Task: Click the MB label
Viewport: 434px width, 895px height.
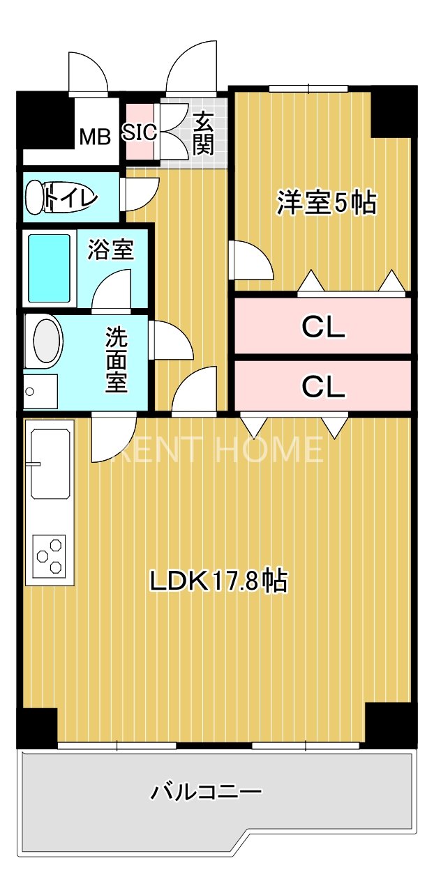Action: (x=94, y=137)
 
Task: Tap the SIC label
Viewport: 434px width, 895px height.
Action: (x=141, y=132)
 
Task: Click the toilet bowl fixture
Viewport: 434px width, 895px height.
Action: (x=37, y=197)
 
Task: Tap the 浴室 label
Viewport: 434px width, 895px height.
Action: (x=111, y=250)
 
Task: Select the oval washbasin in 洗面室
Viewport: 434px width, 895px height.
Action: (x=47, y=341)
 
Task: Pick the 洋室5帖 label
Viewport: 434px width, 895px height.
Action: (x=327, y=203)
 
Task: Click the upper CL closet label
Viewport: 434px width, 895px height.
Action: (x=323, y=327)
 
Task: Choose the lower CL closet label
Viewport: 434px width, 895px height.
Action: (x=323, y=387)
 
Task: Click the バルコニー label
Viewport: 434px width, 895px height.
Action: (x=207, y=792)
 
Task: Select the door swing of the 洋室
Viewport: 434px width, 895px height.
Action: (x=249, y=261)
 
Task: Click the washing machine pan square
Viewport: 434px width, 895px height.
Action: (x=40, y=392)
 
